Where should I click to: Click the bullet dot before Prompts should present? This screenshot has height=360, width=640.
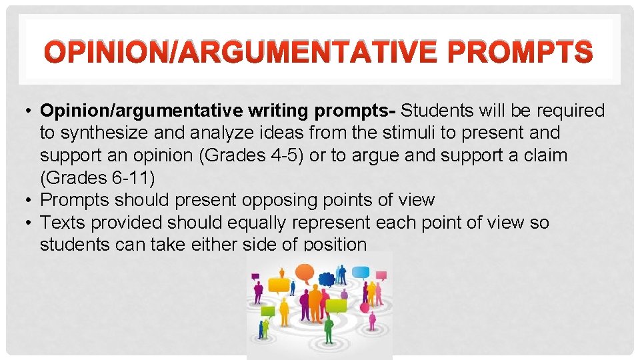coord(31,200)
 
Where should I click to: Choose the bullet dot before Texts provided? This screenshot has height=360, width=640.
coord(31,222)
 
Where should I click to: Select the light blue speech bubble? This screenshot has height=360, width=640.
coord(361,273)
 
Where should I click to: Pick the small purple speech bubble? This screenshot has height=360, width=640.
coord(382,275)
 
